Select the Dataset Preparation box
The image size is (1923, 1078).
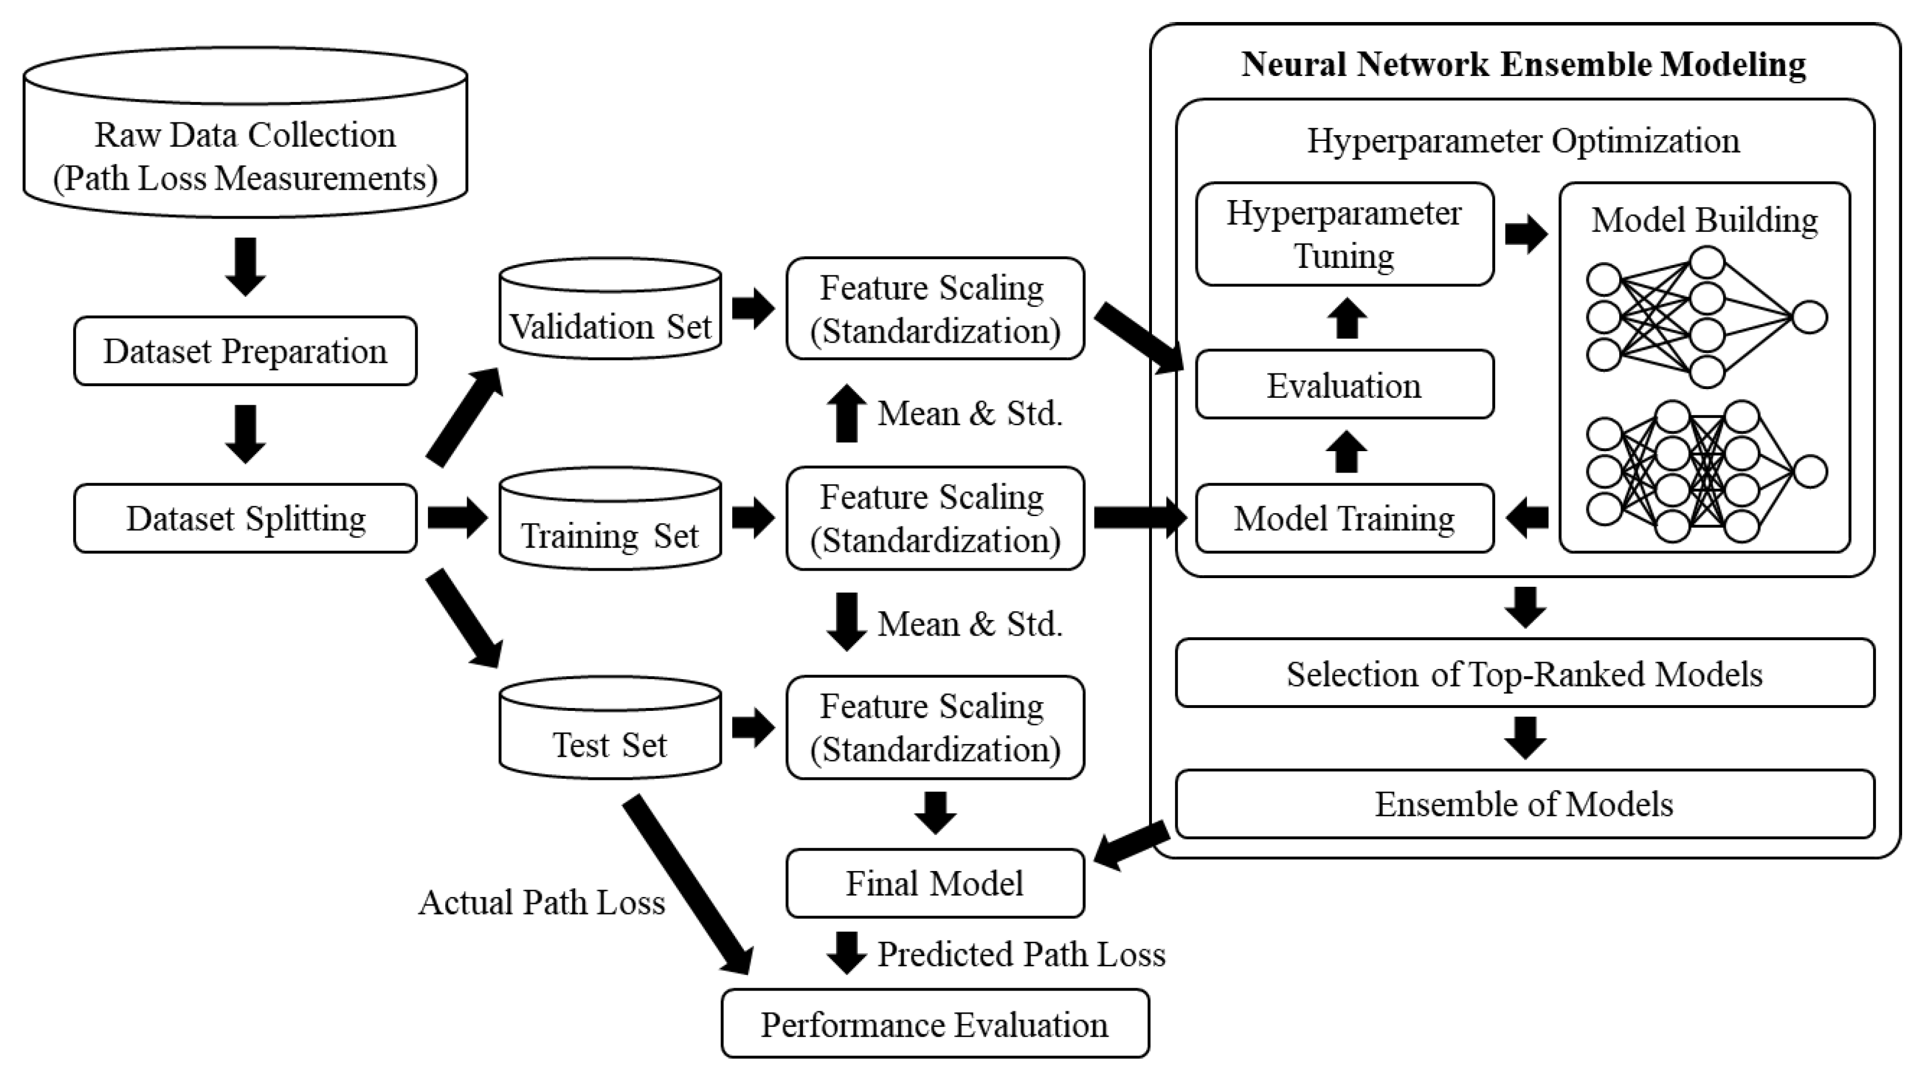pyautogui.click(x=245, y=351)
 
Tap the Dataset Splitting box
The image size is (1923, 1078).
pyautogui.click(x=245, y=518)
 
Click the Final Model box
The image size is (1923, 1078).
pyautogui.click(x=935, y=883)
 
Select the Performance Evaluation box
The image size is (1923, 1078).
pyautogui.click(x=935, y=1024)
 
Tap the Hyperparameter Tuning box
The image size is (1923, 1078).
pyautogui.click(x=1344, y=234)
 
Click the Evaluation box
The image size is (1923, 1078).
pyautogui.click(x=1344, y=385)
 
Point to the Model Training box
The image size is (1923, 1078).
pyautogui.click(x=1344, y=518)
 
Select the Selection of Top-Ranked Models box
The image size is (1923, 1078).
pyautogui.click(x=1524, y=673)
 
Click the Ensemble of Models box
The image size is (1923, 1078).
pyautogui.click(x=1524, y=804)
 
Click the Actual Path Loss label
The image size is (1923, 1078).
pyautogui.click(x=541, y=902)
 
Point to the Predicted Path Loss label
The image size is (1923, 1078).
pyautogui.click(x=1020, y=954)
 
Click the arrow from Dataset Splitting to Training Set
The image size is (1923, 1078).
pyautogui.click(x=457, y=517)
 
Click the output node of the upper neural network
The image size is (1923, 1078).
pyautogui.click(x=1809, y=317)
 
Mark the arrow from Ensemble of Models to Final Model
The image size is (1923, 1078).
pyautogui.click(x=1131, y=846)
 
